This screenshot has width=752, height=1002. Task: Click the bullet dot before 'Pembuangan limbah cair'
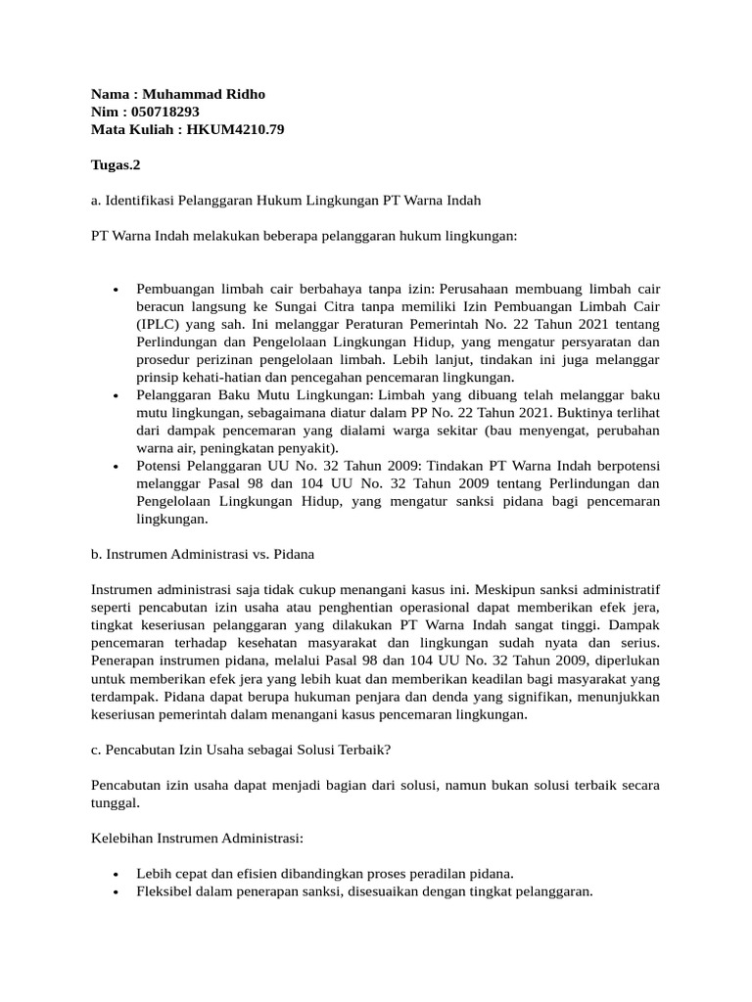[117, 290]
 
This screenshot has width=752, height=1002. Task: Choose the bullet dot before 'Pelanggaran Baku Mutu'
[117, 395]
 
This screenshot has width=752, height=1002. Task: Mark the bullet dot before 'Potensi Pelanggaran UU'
[117, 466]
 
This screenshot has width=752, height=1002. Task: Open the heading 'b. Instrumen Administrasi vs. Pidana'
[202, 554]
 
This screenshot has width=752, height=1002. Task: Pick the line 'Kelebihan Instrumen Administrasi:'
[197, 838]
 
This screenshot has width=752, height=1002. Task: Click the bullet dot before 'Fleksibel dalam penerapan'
[117, 891]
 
